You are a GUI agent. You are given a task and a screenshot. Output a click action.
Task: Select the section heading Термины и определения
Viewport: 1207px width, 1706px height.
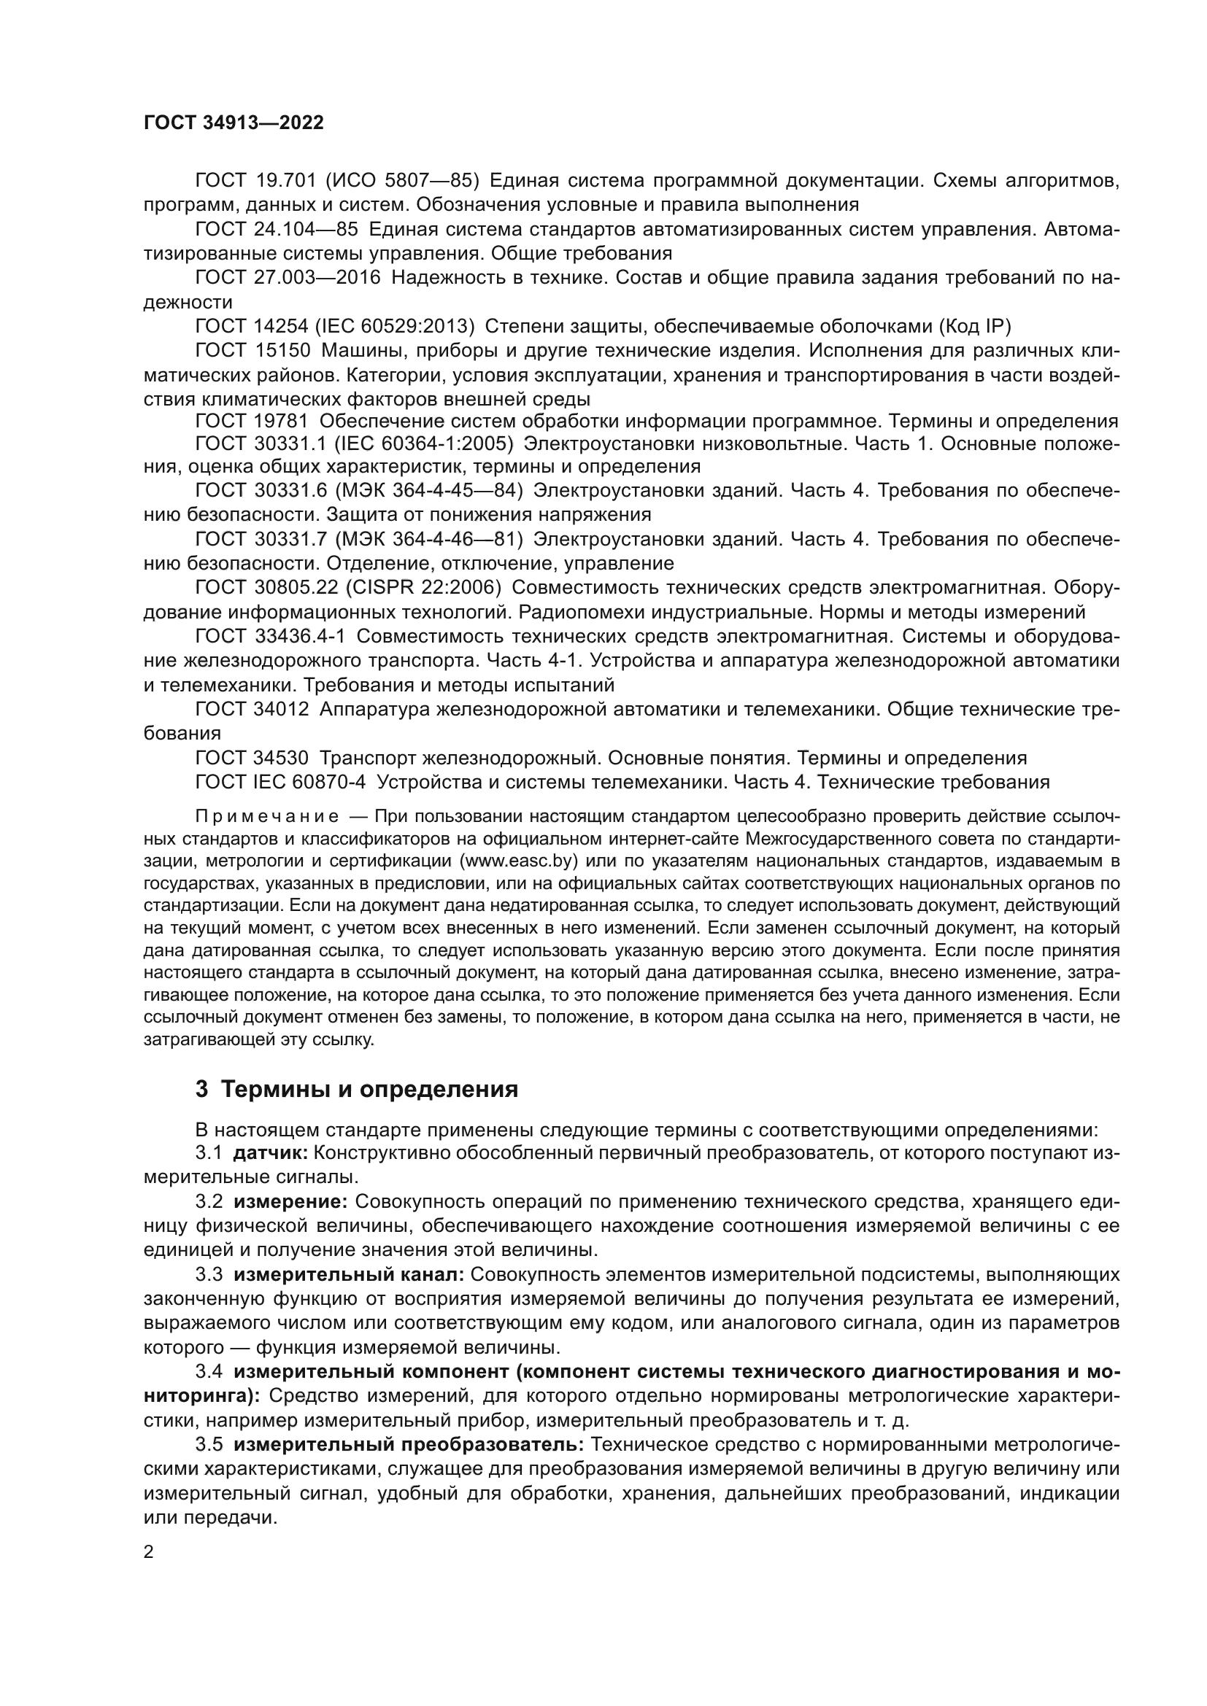click(369, 1089)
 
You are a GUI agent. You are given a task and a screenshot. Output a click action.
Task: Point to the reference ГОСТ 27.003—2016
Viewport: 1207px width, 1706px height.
click(287, 278)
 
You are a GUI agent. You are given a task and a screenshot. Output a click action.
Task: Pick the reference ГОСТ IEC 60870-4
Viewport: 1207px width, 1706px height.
click(280, 782)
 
